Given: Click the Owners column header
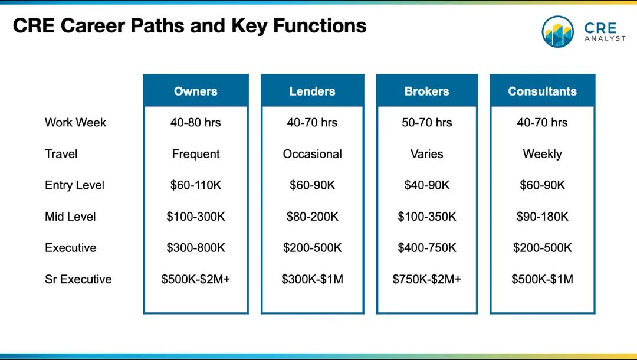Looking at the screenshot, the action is click(195, 91).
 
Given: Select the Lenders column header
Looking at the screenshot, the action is click(312, 91).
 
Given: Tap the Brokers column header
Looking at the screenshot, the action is click(426, 91).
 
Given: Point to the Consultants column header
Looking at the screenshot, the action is click(543, 91).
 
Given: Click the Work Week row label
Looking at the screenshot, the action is click(75, 122).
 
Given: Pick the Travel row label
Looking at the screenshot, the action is click(61, 154).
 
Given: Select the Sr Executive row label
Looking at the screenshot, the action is click(78, 279).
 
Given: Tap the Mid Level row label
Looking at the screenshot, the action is click(70, 217).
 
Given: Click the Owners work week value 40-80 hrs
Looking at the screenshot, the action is click(195, 122).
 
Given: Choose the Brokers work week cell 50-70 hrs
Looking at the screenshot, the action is click(426, 122).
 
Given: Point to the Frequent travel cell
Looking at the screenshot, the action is click(195, 154).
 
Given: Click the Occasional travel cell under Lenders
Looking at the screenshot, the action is click(312, 154).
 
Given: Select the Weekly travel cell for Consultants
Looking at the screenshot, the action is click(543, 154).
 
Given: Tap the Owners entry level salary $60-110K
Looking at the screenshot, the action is click(195, 185).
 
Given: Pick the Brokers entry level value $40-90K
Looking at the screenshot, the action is click(426, 185).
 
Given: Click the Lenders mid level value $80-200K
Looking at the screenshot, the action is click(312, 217).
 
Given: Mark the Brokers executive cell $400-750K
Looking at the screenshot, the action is click(426, 248).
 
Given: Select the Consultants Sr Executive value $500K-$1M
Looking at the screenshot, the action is click(543, 279).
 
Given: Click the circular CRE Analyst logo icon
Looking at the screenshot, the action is click(558, 32).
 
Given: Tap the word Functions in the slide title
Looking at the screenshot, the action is click(320, 25).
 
